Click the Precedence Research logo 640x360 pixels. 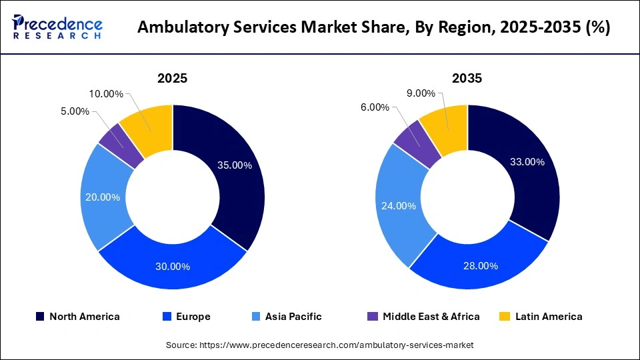57,27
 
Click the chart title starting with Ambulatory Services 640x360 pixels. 373,28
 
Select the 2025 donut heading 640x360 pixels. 172,78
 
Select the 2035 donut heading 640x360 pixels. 467,78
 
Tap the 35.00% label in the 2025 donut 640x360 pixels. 234,165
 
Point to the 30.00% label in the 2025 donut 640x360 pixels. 173,266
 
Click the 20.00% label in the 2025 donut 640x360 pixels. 103,197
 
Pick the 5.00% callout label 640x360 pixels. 75,111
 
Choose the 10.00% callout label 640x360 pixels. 105,94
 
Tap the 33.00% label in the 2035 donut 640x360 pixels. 527,161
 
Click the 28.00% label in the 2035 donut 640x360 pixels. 481,265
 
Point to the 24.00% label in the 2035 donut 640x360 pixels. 399,205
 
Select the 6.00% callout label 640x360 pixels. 375,107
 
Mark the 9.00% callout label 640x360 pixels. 421,93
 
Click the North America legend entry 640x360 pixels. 77,317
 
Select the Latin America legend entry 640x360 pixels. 541,317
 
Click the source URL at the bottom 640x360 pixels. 319,345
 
